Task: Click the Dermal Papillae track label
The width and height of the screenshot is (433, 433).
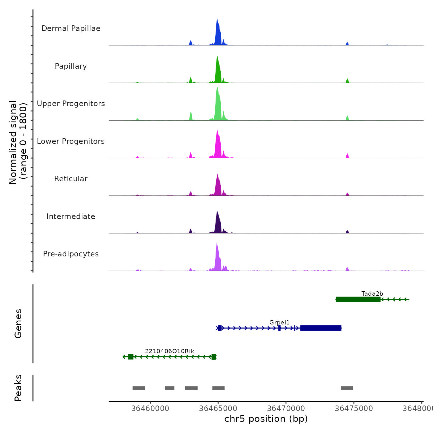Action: coord(71,28)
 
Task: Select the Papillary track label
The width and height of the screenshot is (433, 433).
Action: coord(71,66)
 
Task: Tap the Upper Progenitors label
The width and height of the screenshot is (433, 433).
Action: coord(71,104)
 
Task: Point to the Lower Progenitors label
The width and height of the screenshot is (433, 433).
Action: coord(71,141)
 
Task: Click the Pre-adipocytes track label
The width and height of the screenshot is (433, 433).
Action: coord(71,254)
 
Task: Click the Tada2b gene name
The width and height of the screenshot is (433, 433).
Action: coord(372,294)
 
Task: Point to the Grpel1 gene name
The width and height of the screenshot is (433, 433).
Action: coord(279,323)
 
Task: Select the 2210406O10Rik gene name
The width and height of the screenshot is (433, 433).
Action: coord(169,351)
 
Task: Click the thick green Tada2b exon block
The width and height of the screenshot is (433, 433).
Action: coord(358,299)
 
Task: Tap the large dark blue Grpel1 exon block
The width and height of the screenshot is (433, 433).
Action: coord(321,328)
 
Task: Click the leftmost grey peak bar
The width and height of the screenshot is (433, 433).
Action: coord(139,388)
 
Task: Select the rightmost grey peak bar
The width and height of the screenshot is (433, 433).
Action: coord(347,388)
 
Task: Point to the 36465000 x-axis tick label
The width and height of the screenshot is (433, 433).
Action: coord(218,409)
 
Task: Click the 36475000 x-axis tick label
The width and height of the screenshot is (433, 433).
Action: coord(354,409)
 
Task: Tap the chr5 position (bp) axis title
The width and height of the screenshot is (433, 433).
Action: coord(266,419)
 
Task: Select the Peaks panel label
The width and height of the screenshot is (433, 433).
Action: coord(18,388)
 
